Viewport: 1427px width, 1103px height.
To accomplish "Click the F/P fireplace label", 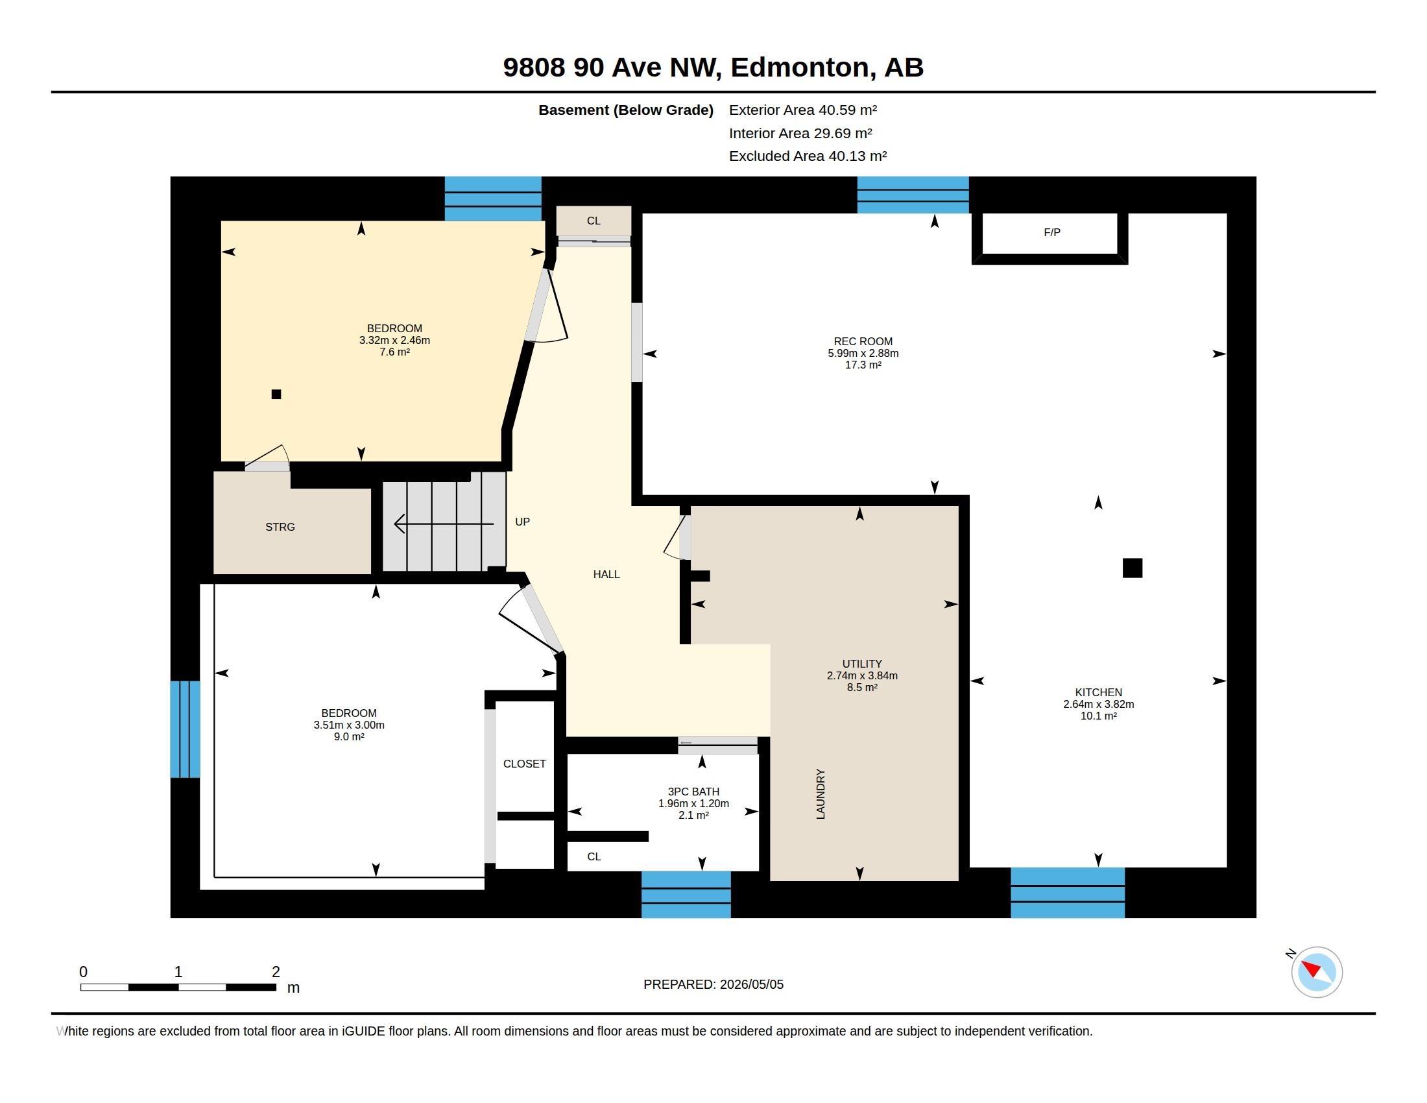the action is [x=1051, y=233].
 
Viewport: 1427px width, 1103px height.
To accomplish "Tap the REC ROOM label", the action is [x=863, y=341].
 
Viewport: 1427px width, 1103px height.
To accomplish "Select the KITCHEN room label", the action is [x=1098, y=692].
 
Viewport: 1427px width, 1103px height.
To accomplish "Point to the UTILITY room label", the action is [x=862, y=663].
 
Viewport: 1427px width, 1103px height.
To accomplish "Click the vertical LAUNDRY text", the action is [x=821, y=794].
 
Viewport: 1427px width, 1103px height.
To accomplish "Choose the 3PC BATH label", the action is [x=693, y=792].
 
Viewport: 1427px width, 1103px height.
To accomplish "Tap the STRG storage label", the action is [x=280, y=527].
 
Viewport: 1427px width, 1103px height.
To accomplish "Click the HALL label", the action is [x=606, y=574].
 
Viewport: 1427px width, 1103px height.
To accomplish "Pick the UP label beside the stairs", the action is [x=522, y=522].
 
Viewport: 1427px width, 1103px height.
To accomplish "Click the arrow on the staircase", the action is [x=444, y=524].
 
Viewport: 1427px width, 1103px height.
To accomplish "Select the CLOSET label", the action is [x=524, y=763].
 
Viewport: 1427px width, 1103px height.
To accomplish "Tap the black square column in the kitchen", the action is [x=1133, y=568].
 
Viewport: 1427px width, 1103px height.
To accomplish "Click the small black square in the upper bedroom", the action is [x=276, y=394].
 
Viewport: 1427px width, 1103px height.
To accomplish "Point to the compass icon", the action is [x=1316, y=972].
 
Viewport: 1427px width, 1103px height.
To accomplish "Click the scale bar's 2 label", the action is [x=276, y=972].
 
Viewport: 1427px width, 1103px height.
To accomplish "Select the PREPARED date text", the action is [x=713, y=984].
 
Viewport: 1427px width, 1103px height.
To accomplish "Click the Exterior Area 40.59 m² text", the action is [x=803, y=110].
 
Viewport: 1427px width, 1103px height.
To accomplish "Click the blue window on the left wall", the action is [x=185, y=729].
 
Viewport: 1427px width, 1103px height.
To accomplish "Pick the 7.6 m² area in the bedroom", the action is [x=394, y=352].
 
